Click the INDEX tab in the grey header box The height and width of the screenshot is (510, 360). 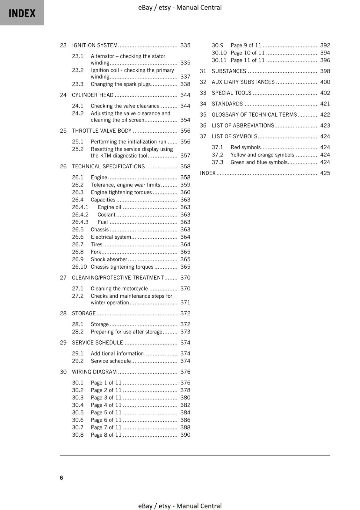(x=22, y=13)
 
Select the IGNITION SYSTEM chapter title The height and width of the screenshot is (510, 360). (x=95, y=45)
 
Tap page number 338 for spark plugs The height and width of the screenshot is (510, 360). (x=185, y=84)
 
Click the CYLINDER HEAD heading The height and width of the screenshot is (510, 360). (x=92, y=95)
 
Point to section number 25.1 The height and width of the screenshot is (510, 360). (x=77, y=142)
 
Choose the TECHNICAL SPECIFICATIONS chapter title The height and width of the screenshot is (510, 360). (x=108, y=166)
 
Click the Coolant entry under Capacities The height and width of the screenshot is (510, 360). (x=106, y=215)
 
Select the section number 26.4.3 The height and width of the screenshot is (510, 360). (x=80, y=222)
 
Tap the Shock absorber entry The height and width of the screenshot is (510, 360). (x=109, y=259)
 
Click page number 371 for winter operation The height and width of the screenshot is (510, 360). (x=185, y=302)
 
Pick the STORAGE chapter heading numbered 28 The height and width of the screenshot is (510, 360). (x=83, y=313)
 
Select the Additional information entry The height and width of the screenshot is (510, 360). (x=117, y=353)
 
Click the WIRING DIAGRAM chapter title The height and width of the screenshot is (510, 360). (x=94, y=372)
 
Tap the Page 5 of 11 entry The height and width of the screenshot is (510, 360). (x=106, y=412)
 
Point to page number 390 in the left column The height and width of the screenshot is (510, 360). (x=185, y=435)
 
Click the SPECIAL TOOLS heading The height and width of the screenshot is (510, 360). (x=231, y=93)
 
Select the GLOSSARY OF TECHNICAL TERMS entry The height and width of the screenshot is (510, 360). (x=254, y=114)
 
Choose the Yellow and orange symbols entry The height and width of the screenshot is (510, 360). (x=262, y=155)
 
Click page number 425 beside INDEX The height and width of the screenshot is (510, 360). (x=325, y=173)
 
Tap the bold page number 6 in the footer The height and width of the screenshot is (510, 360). (x=61, y=477)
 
